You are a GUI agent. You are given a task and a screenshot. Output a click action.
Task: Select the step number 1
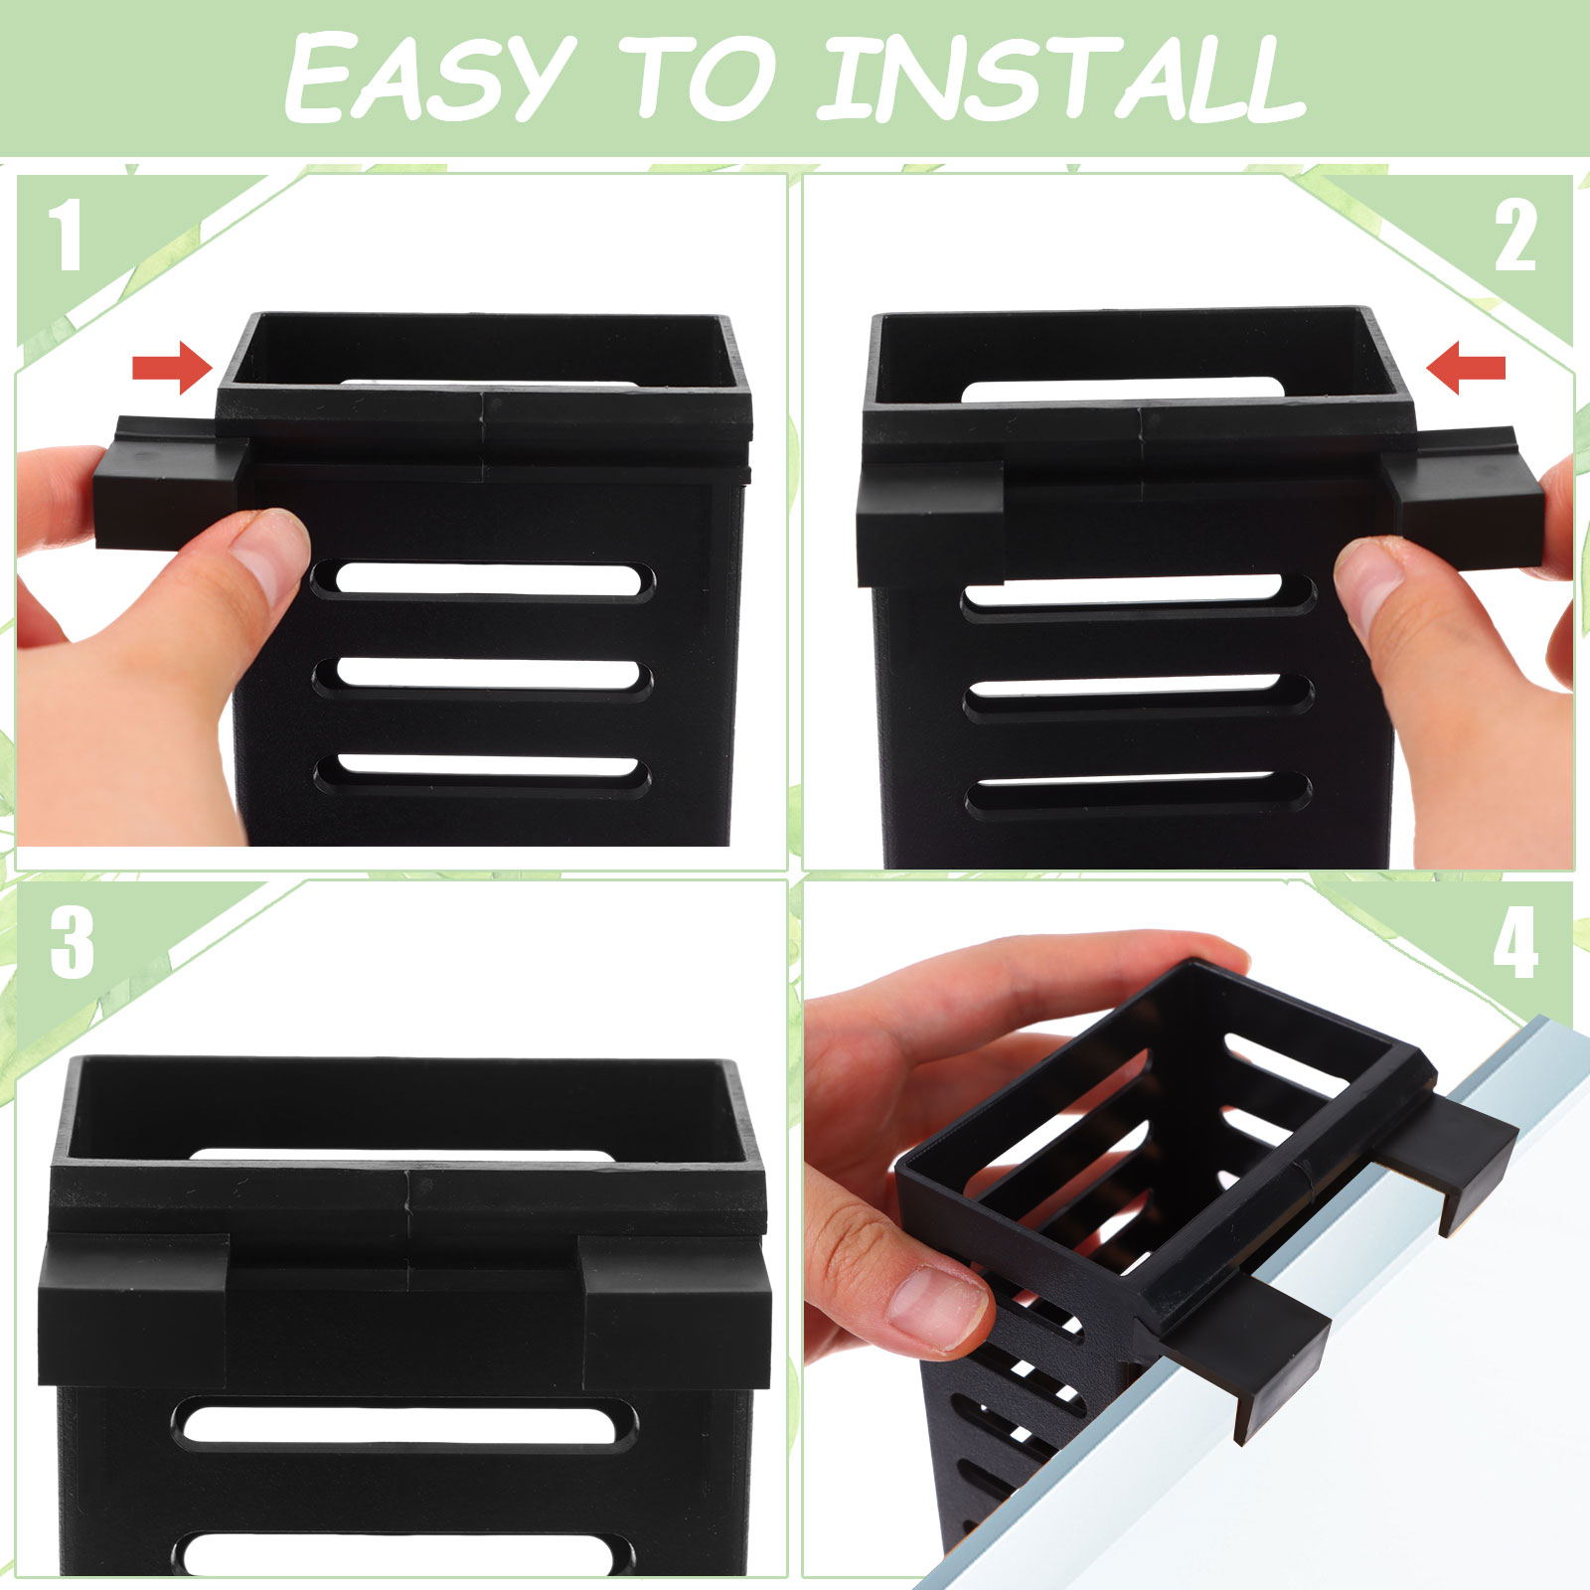click(x=67, y=235)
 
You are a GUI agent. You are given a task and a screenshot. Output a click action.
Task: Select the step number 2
click(x=1515, y=236)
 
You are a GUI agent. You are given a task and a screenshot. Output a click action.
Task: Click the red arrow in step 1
click(x=173, y=368)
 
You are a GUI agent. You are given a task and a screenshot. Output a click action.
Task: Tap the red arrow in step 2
click(x=1466, y=369)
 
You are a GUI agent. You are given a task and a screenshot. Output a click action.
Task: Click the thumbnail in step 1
click(x=271, y=542)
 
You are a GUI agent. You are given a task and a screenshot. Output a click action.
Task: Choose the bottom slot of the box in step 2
click(x=1139, y=795)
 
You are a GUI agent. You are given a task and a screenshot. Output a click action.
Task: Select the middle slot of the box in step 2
click(x=1139, y=698)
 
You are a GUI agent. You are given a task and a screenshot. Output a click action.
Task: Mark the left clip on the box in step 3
click(x=134, y=1312)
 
